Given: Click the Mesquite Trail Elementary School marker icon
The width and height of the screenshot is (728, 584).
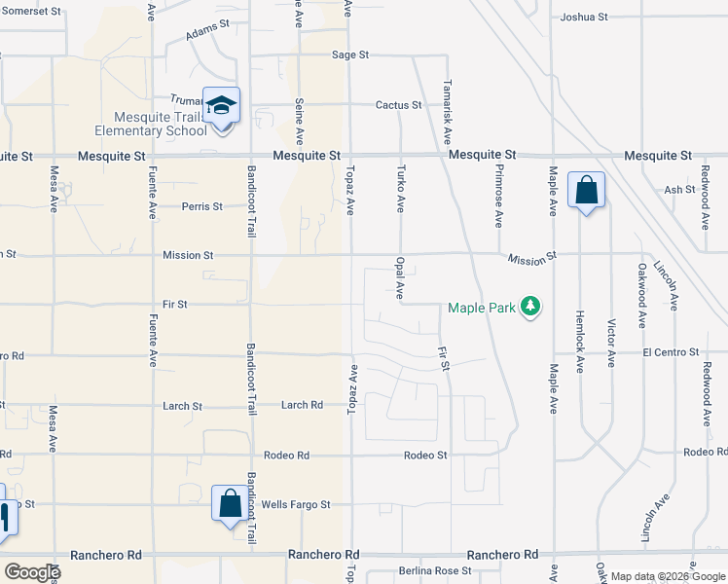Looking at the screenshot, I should click(x=222, y=105).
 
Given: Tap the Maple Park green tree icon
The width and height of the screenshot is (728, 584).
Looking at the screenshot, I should click(x=530, y=308).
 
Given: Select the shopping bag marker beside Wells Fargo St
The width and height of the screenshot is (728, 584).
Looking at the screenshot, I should click(x=230, y=504).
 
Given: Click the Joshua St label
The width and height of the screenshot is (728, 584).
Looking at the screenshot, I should click(x=584, y=18).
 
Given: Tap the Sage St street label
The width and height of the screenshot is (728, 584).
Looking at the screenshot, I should click(x=350, y=55).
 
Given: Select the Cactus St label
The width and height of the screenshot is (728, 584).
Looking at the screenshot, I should click(x=399, y=105).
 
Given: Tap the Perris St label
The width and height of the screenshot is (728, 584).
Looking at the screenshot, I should click(x=202, y=206).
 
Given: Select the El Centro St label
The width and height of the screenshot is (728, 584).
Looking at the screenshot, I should click(x=671, y=351).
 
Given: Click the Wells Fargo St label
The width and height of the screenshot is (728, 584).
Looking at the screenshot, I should click(x=296, y=505).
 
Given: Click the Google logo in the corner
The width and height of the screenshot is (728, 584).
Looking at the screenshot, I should click(x=33, y=571).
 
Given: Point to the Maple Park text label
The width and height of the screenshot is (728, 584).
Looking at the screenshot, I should click(x=480, y=309).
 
